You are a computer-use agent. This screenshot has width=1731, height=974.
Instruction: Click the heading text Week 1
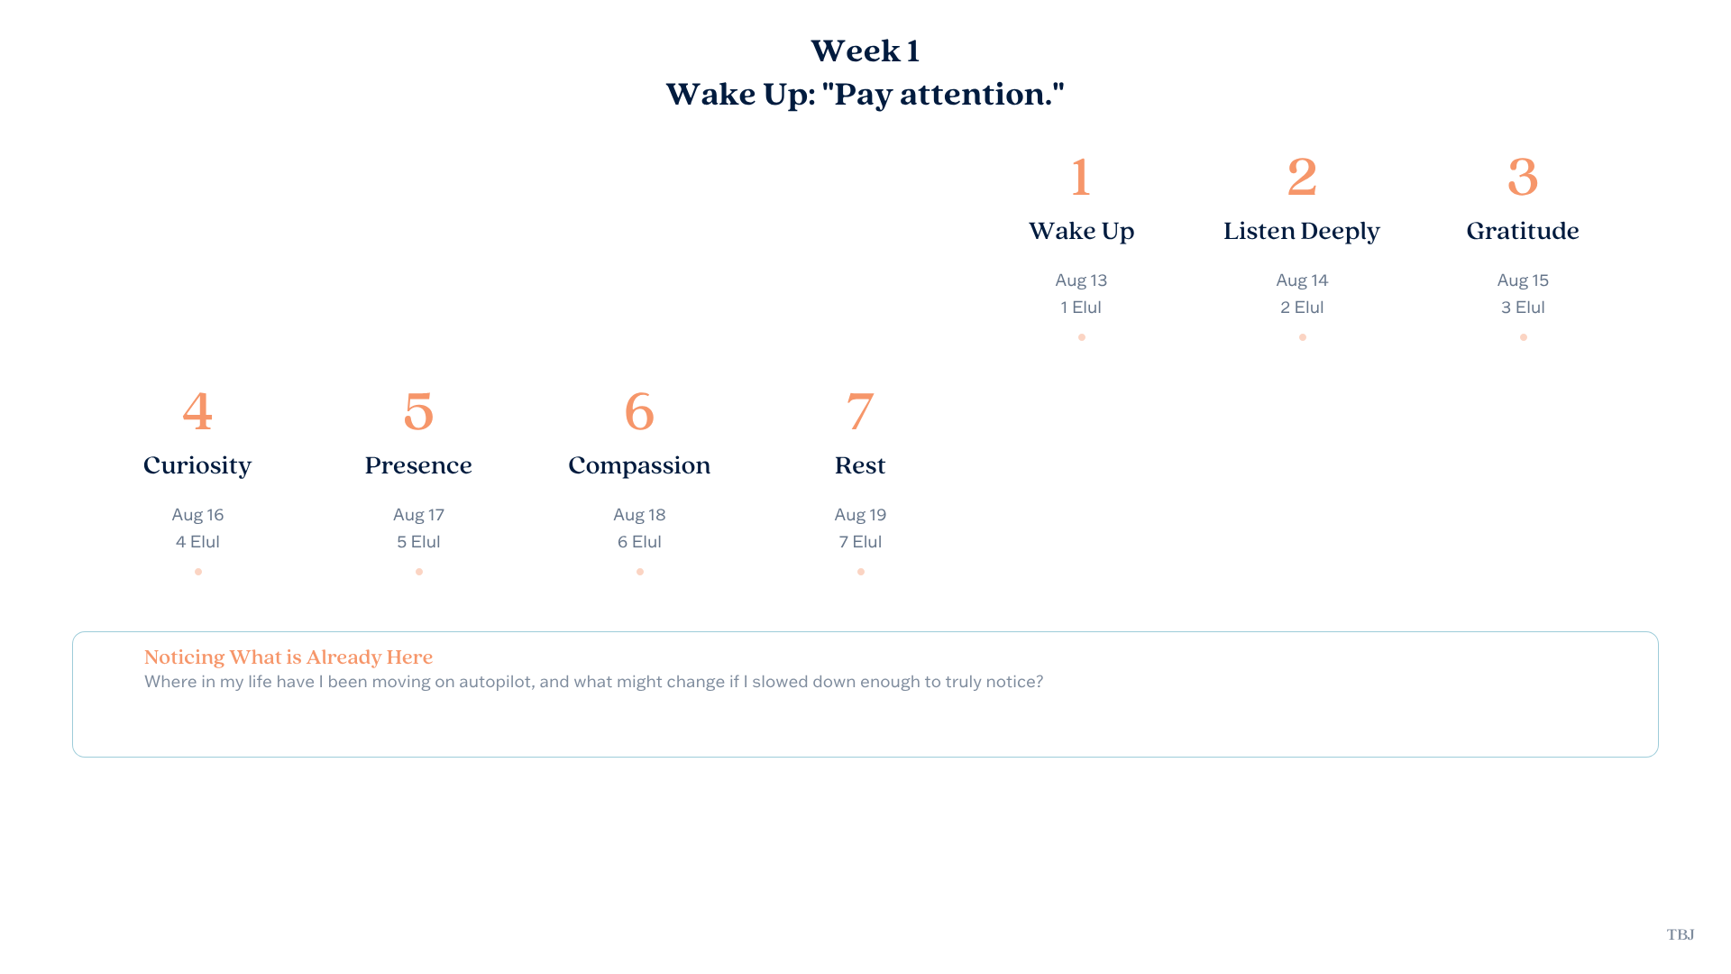(x=865, y=51)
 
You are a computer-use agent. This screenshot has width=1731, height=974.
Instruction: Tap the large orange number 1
(x=1081, y=177)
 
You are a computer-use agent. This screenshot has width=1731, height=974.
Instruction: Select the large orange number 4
(x=197, y=411)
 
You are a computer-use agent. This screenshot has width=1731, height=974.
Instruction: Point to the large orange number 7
(x=860, y=412)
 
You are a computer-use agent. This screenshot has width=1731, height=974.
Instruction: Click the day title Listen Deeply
(x=1302, y=231)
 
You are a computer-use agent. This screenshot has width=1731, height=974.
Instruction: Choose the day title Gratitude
(x=1523, y=231)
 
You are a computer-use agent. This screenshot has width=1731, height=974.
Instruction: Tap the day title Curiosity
(x=197, y=465)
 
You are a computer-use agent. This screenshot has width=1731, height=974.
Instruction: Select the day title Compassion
(x=639, y=465)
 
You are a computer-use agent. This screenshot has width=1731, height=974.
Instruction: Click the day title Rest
(x=860, y=465)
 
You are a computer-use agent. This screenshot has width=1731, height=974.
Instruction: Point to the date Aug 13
(x=1081, y=280)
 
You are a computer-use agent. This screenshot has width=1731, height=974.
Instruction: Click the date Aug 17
(x=418, y=515)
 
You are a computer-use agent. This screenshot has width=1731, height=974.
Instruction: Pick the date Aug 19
(x=860, y=515)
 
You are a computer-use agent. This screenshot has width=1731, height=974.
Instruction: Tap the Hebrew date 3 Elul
(x=1523, y=308)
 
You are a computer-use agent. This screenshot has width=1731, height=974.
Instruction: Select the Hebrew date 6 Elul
(x=639, y=542)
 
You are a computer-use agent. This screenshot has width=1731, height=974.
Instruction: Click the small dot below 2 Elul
(x=1302, y=337)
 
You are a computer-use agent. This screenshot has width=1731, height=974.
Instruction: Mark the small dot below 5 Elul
(x=418, y=572)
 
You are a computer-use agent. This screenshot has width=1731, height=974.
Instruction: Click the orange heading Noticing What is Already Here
(x=288, y=657)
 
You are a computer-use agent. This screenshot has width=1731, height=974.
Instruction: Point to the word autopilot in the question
(x=495, y=682)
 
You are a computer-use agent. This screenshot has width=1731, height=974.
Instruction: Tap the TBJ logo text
(x=1681, y=934)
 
